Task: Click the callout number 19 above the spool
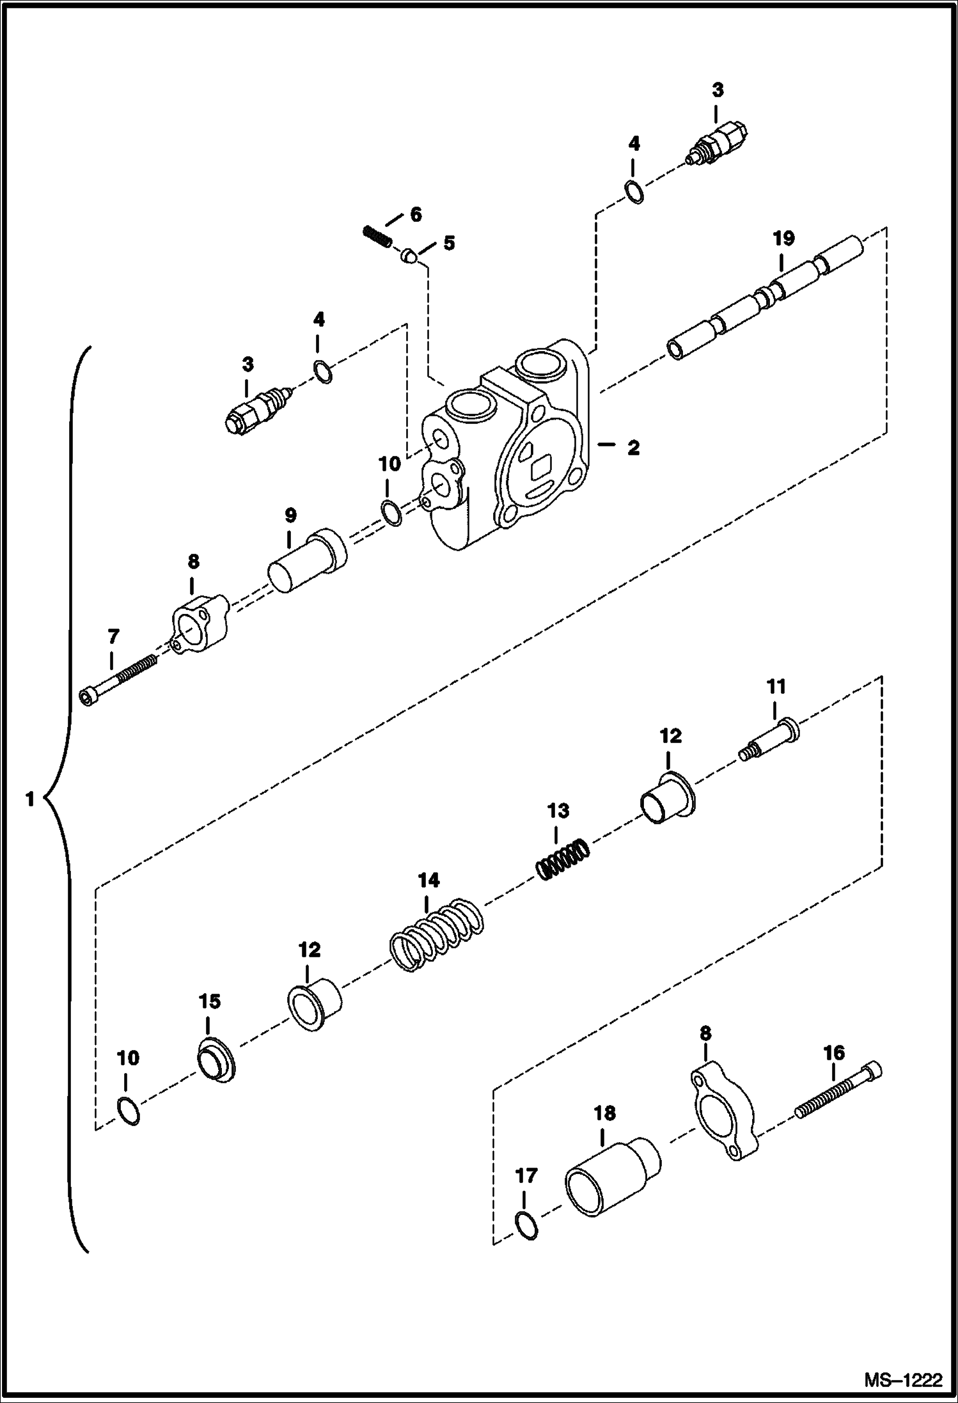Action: click(783, 239)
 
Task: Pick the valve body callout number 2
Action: click(632, 448)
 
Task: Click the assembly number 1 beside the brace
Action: click(29, 798)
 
